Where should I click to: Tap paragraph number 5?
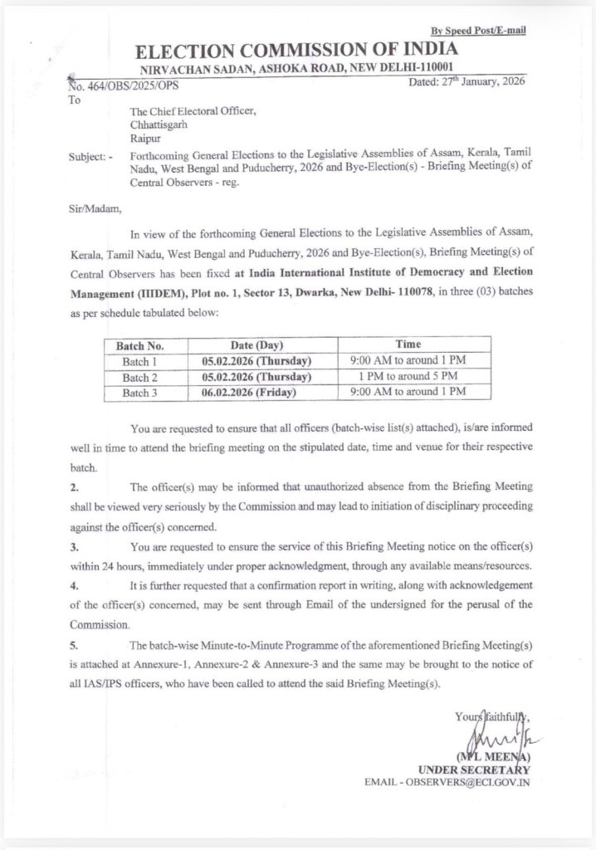[73, 646]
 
